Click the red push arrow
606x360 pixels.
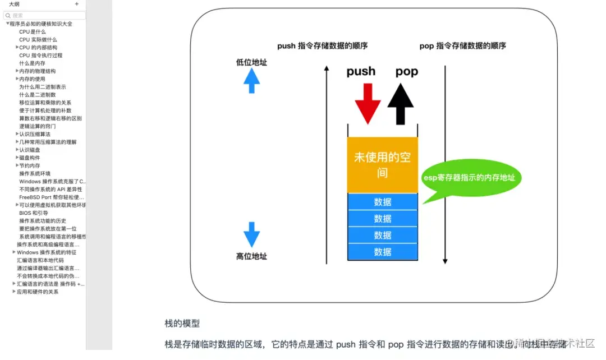[368, 103]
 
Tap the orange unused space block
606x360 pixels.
[382, 165]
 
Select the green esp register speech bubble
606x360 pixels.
[471, 179]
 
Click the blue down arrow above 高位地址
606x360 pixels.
[251, 234]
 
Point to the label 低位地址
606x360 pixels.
[251, 63]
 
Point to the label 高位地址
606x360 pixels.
[251, 256]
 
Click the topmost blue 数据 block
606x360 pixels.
[382, 202]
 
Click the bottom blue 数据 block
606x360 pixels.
[382, 252]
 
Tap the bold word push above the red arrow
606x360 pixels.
[361, 71]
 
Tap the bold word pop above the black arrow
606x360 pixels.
[407, 71]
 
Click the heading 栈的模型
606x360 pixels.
[182, 324]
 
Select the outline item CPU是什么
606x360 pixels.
[33, 32]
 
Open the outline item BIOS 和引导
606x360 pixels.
[34, 213]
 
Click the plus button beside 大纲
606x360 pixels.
[77, 4]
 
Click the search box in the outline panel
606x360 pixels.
[45, 16]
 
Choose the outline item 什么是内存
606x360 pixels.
[33, 63]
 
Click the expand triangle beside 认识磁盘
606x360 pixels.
[17, 150]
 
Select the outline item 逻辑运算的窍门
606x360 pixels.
[38, 126]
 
